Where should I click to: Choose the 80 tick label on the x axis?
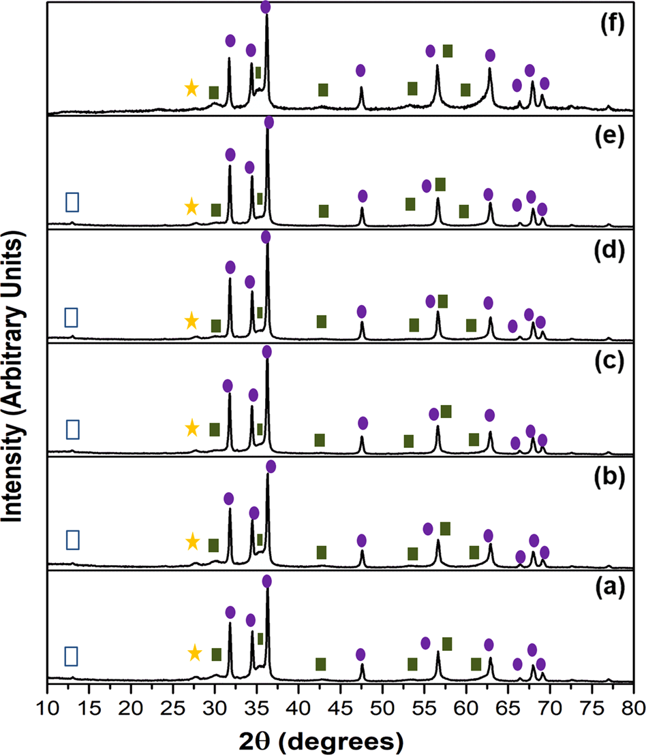pos(634,709)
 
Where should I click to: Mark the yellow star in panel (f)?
pos(192,88)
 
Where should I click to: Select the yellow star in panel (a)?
pos(195,654)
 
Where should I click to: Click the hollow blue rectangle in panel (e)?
pos(72,202)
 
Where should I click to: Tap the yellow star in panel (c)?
pos(192,428)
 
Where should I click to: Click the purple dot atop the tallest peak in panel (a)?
pos(266,581)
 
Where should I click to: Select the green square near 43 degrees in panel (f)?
pos(323,90)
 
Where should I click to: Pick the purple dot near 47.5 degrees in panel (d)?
pos(361,312)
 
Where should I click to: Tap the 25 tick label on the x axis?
pos(173,709)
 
